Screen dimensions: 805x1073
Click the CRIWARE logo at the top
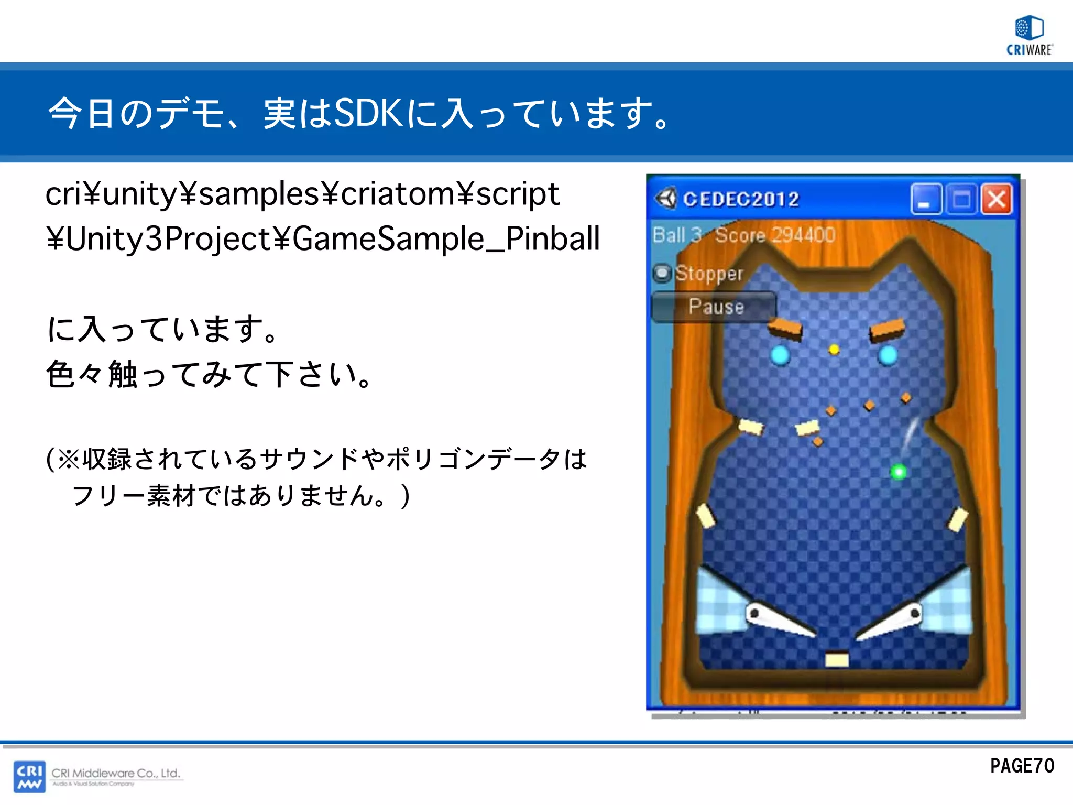(1029, 35)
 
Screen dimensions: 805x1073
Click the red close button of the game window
(996, 199)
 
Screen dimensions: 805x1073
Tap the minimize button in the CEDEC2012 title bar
(926, 199)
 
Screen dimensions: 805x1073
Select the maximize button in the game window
(961, 199)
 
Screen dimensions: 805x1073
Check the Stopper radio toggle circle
(662, 273)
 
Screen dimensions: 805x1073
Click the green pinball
(899, 472)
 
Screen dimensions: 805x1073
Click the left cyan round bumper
(780, 355)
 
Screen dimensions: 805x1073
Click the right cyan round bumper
(888, 355)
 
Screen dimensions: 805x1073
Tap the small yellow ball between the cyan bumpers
(834, 349)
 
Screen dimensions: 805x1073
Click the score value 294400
(802, 235)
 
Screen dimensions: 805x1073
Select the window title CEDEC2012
(741, 199)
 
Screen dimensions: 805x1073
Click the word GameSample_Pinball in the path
(445, 239)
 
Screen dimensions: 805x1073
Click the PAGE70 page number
(1022, 766)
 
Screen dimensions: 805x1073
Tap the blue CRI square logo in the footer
(29, 776)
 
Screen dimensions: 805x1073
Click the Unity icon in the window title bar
(666, 198)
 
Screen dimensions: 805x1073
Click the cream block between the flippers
(837, 659)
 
